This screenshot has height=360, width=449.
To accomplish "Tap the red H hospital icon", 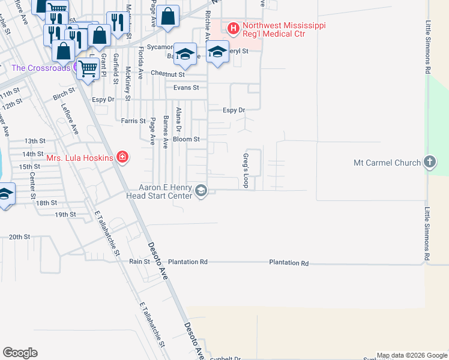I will pos(233,27).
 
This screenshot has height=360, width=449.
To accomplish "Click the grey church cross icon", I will pos(429,162).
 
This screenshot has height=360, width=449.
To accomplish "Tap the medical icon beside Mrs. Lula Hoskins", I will pos(122,158).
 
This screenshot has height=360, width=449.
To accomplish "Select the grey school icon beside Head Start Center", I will pos(201,191).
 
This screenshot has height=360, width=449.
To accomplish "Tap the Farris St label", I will pos(133,121).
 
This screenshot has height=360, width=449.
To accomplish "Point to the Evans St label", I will pos(186,88).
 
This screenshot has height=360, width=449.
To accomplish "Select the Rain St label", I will pos(139,262).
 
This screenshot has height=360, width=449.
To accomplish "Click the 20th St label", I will pos(19,237).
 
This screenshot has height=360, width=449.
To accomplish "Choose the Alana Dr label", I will pos(178,120).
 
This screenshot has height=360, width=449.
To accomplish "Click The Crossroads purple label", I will pos(41,68).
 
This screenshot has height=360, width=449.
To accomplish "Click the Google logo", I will pos(20,353).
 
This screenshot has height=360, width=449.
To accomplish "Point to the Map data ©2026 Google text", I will pos(412,355).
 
